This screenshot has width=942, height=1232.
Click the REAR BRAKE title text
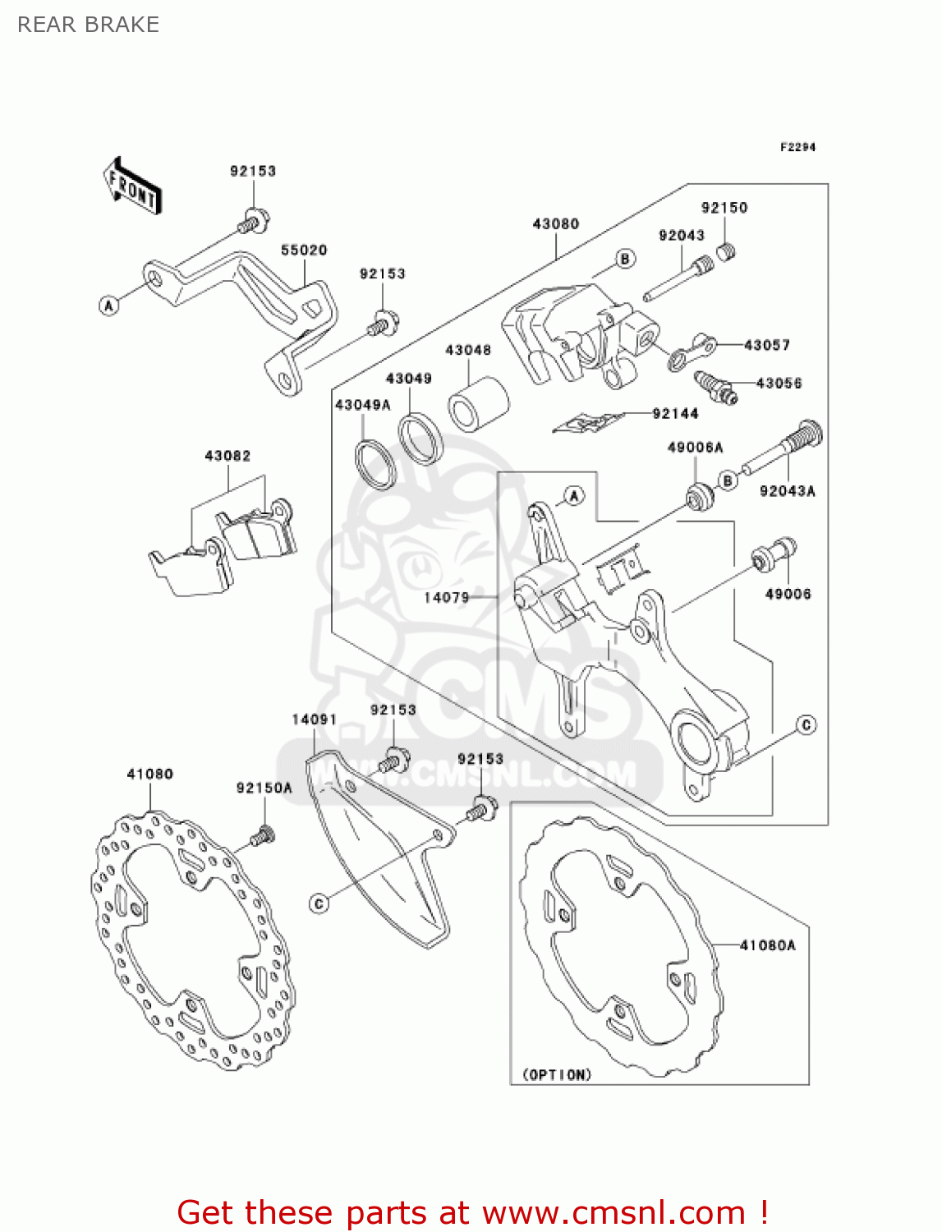88,25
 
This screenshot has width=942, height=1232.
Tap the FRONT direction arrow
131,186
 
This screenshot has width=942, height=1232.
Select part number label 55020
304,250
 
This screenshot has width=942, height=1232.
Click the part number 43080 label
555,223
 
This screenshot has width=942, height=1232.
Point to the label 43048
468,350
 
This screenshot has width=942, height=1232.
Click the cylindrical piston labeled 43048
477,402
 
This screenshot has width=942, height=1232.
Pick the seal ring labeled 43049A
375,465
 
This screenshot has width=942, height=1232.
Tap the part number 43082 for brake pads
227,456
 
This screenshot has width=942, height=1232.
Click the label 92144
675,414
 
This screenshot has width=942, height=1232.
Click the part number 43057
766,345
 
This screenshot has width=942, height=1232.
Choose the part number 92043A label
787,491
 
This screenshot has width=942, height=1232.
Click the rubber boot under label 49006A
699,498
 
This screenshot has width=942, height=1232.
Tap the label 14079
446,597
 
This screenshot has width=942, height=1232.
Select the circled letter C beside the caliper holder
806,724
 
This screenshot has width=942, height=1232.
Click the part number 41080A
767,945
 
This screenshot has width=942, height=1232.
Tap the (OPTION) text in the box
557,1074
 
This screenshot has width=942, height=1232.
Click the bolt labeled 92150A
262,837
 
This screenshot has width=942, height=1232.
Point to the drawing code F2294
797,147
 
